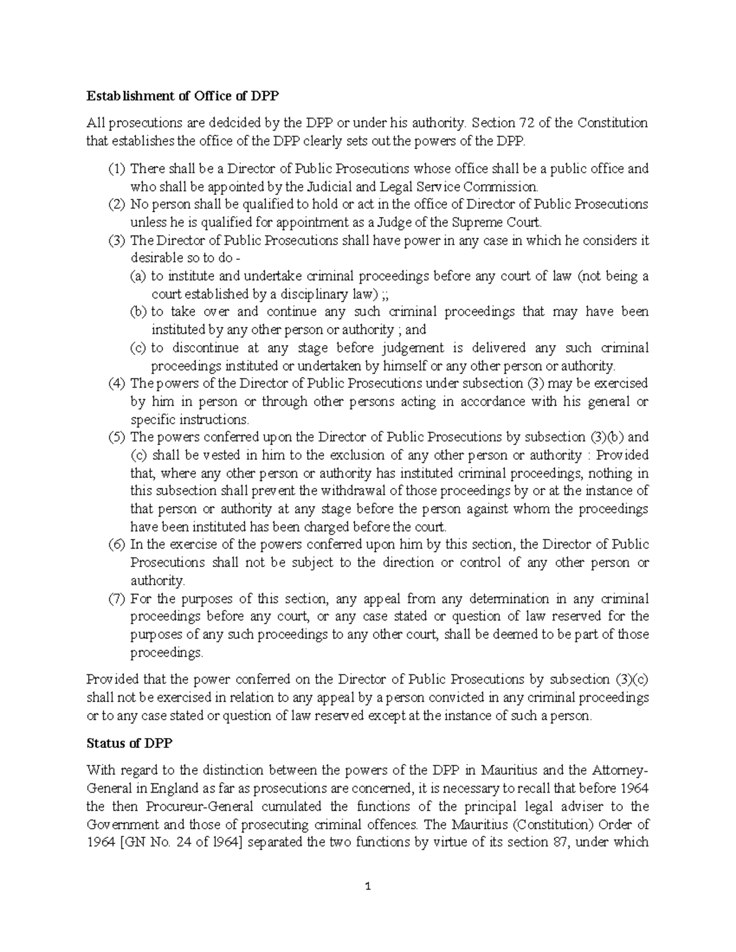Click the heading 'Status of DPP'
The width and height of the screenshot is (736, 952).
[129, 743]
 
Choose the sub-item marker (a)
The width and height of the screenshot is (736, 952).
[138, 276]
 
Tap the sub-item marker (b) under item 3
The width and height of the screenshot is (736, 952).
[138, 312]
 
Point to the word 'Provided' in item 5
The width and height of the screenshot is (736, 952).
[622, 455]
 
